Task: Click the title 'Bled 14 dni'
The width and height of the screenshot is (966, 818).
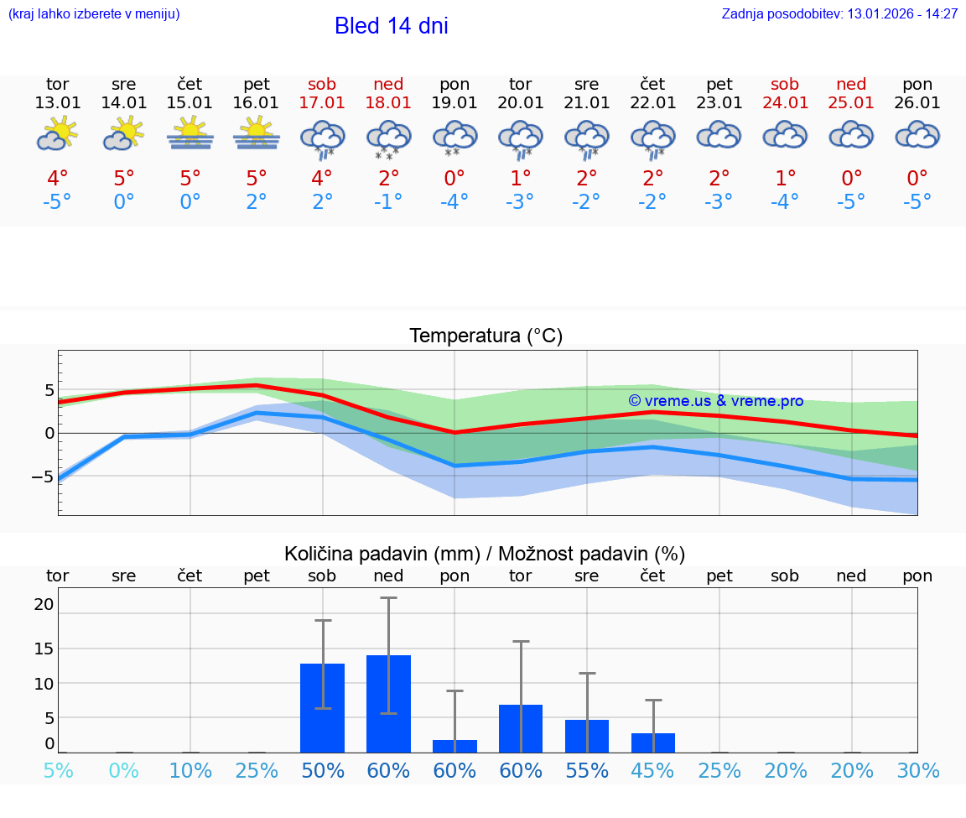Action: click(391, 26)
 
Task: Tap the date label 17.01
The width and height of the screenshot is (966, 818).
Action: click(322, 103)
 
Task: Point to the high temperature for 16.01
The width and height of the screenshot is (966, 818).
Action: click(257, 179)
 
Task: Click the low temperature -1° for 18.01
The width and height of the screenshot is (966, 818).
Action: click(388, 202)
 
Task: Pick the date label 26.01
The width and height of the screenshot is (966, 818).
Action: click(917, 103)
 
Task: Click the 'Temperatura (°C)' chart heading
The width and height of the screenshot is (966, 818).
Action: click(486, 336)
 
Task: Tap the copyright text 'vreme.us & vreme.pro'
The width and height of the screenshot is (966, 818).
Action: click(715, 401)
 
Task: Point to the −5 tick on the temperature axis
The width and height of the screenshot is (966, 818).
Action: click(43, 477)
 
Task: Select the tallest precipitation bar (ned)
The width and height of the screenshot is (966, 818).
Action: click(388, 704)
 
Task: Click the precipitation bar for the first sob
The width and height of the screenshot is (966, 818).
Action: click(322, 708)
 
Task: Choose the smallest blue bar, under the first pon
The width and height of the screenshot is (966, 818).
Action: click(454, 746)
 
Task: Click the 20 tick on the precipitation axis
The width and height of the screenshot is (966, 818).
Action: click(44, 604)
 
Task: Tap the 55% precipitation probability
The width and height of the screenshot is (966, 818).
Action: click(587, 771)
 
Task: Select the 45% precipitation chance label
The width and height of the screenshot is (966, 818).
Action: click(653, 771)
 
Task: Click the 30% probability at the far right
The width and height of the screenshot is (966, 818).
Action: click(918, 771)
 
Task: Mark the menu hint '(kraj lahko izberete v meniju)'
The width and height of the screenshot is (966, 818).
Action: click(94, 14)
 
